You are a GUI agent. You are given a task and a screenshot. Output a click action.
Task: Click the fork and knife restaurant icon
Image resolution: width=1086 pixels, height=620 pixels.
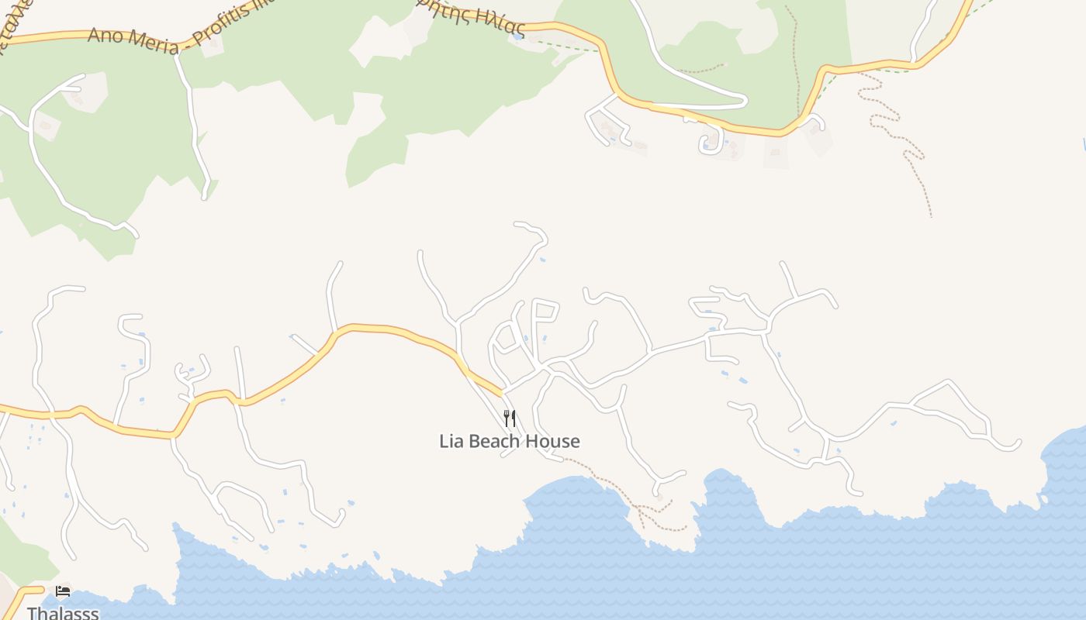pos(510,419)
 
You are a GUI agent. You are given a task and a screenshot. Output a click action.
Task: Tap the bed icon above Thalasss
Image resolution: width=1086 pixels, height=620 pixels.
pos(63,591)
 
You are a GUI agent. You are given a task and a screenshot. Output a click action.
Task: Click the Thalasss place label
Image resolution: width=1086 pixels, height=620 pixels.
pos(63,613)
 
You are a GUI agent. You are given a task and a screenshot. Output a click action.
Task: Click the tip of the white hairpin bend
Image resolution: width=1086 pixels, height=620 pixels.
pos(744,100)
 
